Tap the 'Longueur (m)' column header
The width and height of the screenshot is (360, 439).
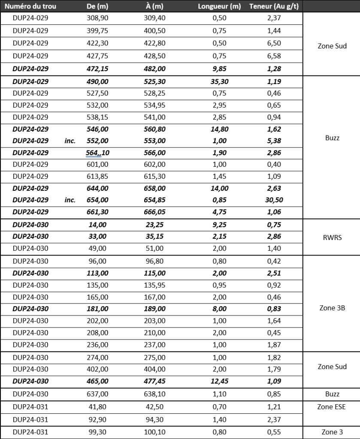click(219, 6)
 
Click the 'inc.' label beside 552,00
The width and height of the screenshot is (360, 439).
click(70, 141)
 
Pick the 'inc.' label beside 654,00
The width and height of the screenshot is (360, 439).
click(70, 200)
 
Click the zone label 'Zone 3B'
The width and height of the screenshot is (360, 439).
click(333, 308)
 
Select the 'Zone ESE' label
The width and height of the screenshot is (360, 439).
click(332, 407)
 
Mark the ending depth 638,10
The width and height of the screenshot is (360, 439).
click(155, 394)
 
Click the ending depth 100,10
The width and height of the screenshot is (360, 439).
click(155, 432)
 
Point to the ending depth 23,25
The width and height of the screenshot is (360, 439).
click(155, 224)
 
